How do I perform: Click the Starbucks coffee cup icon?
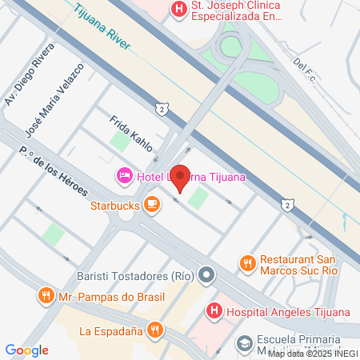coord(151,205)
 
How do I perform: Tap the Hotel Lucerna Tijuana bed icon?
coord(125,175)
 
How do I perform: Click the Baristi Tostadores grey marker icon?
coord(206,276)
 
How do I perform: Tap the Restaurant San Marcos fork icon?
coord(247,262)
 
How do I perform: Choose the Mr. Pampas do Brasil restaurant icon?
coord(46,298)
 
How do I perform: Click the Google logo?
coord(26,350)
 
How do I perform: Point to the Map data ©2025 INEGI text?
coord(312,354)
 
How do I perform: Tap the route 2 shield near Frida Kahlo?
coord(162,108)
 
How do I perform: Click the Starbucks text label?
coord(115,205)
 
